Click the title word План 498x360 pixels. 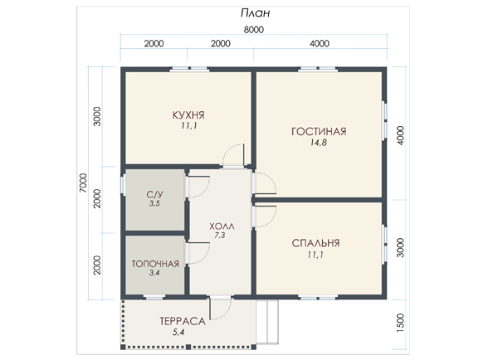pyautogui.click(x=255, y=13)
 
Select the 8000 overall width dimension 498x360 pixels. pyautogui.click(x=254, y=30)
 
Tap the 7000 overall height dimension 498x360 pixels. pyautogui.click(x=83, y=182)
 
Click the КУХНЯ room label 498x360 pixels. pyautogui.click(x=188, y=115)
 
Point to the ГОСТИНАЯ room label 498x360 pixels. pyautogui.click(x=319, y=132)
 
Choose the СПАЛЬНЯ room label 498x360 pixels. pyautogui.click(x=315, y=243)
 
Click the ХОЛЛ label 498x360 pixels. pyautogui.click(x=222, y=226)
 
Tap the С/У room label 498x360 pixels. pyautogui.click(x=154, y=195)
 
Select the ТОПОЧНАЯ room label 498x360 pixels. pyautogui.click(x=155, y=264)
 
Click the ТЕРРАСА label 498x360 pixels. pyautogui.click(x=183, y=321)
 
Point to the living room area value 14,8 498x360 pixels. pyautogui.click(x=319, y=143)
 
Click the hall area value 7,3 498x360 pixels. pyautogui.click(x=220, y=236)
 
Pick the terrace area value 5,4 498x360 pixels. pyautogui.click(x=178, y=333)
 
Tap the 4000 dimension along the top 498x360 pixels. pyautogui.click(x=320, y=43)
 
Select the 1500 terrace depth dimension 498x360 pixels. pyautogui.click(x=401, y=323)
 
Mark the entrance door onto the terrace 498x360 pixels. pyautogui.click(x=220, y=309)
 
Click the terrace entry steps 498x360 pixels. pyautogui.click(x=267, y=322)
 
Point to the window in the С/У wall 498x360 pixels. pyautogui.click(x=122, y=185)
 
